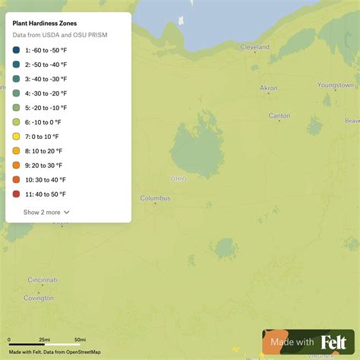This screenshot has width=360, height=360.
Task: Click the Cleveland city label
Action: (254, 47)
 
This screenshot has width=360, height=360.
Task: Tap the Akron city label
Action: (269, 88)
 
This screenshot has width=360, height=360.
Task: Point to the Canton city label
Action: (279, 116)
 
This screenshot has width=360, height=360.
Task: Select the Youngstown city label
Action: (336, 85)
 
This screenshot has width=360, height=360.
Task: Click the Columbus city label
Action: (155, 198)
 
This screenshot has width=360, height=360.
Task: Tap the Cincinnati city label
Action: (43, 280)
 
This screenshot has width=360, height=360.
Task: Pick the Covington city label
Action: (39, 298)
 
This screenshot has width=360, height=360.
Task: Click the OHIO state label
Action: (178, 179)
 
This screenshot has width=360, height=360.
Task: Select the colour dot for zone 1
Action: (17, 50)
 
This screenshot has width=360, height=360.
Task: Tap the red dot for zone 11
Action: (17, 194)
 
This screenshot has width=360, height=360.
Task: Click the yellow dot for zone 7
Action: (17, 137)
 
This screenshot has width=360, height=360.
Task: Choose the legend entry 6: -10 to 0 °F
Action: (46, 122)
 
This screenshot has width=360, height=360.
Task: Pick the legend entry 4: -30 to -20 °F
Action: (47, 93)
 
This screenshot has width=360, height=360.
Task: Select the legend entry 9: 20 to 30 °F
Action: (46, 166)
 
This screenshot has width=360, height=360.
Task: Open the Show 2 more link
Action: (46, 213)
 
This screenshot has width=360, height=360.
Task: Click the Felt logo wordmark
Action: (334, 343)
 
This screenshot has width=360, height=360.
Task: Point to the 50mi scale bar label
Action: (80, 339)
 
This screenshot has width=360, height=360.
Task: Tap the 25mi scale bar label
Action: (45, 339)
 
